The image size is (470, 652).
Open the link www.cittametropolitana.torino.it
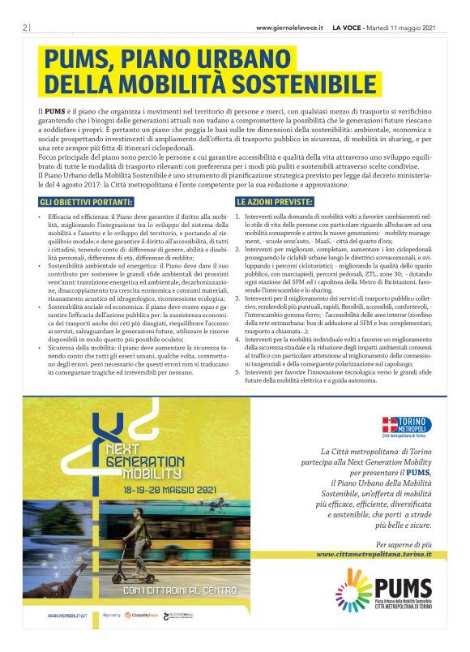(374, 554)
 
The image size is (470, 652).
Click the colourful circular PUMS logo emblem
(355, 589)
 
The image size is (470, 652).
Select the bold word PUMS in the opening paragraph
(54, 109)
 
